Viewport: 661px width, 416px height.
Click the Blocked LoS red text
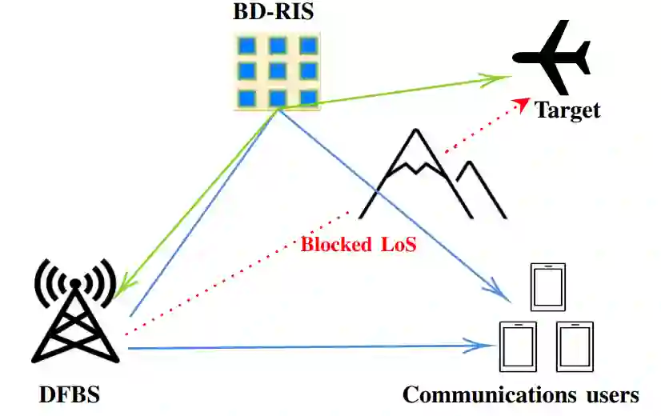(x=359, y=244)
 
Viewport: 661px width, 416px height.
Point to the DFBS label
(x=70, y=394)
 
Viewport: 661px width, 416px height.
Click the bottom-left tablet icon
(x=517, y=346)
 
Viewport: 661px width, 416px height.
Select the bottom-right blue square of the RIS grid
(x=307, y=97)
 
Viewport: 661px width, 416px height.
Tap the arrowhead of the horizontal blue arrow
(x=485, y=346)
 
